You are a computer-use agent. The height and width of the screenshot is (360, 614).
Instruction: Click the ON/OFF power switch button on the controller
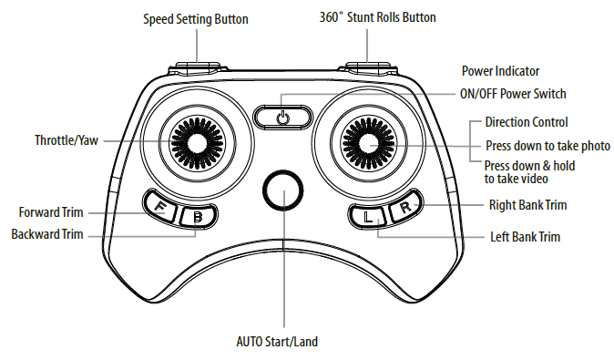(x=283, y=116)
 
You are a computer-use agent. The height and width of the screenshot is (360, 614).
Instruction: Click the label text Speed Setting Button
(x=195, y=18)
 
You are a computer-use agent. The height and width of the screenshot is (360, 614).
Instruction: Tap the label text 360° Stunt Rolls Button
(x=377, y=17)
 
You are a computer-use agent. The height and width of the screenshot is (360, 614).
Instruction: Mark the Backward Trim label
(x=47, y=234)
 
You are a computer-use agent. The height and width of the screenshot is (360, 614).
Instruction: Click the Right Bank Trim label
(x=527, y=205)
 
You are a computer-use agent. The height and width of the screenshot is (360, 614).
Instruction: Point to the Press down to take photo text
(x=547, y=146)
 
